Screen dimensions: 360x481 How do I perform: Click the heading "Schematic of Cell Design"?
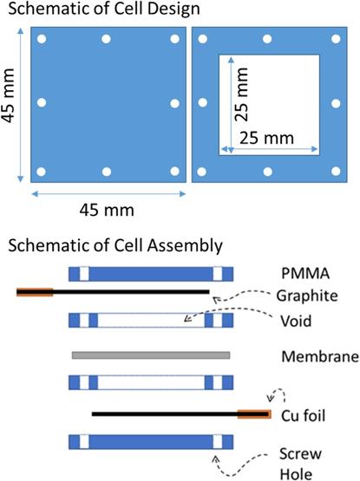pos(104,10)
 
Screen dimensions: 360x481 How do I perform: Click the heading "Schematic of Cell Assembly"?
pos(115,246)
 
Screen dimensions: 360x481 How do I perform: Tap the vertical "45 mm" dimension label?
pos(9,95)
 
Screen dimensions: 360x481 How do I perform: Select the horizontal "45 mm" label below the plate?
pos(107,211)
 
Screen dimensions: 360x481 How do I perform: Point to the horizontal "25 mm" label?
pos(266,139)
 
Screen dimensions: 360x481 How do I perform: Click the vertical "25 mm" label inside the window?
pos(241,94)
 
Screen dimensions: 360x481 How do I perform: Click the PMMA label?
pos(305,274)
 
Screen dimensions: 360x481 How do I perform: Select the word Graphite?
pos(307,296)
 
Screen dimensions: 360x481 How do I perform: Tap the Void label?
pos(296,321)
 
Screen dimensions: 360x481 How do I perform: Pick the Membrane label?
pos(320,356)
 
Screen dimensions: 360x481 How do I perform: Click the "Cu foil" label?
pos(303,416)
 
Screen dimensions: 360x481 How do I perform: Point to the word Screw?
pos(300,453)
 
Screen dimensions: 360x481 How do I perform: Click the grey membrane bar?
pos(151,355)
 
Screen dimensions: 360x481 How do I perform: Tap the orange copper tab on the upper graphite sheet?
pos(35,292)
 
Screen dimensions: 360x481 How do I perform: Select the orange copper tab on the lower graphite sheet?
pos(254,414)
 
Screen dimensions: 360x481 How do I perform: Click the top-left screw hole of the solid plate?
pos(42,39)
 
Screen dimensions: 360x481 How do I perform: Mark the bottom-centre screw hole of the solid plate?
pos(107,172)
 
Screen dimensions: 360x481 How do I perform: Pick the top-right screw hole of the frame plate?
pos(336,39)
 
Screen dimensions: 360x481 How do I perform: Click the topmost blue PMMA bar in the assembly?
pos(151,274)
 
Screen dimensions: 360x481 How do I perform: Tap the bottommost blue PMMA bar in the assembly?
pos(151,442)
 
